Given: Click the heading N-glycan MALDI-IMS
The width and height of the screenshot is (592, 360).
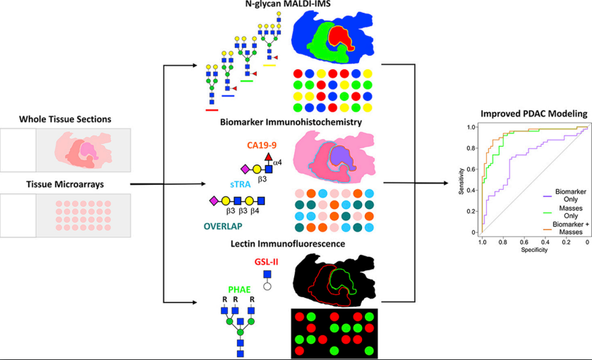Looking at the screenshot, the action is coord(288,4).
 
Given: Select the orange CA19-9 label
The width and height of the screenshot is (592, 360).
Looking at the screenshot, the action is coord(262,145).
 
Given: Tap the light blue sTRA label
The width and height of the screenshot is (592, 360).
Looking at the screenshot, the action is coord(240,184).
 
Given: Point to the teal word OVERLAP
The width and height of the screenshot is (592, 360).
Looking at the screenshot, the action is coord(223,227).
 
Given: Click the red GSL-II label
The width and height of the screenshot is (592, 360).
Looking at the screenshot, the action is coord(267,262).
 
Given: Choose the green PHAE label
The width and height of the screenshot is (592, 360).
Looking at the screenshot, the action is coord(239,289).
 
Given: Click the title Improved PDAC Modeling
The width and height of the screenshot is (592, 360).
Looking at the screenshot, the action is coord(534,114).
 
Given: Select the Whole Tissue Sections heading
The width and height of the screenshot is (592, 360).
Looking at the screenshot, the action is coord(66,119).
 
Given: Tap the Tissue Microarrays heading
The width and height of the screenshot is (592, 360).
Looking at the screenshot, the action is coord(65,184).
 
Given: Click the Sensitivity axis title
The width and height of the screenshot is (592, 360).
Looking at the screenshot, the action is coord(461,181).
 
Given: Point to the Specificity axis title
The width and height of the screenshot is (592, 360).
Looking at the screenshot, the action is coord(534,250).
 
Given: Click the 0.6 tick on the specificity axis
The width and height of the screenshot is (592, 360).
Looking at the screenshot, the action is coord(524,242).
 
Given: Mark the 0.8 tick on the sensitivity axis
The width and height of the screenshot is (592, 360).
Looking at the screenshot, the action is coord(471,148).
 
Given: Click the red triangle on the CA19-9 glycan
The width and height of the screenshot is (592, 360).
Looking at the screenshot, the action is coord(268,157).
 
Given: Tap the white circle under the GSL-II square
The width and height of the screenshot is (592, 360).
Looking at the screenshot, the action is coord(267,287).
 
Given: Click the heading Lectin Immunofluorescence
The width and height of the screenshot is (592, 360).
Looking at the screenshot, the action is coord(288,244).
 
